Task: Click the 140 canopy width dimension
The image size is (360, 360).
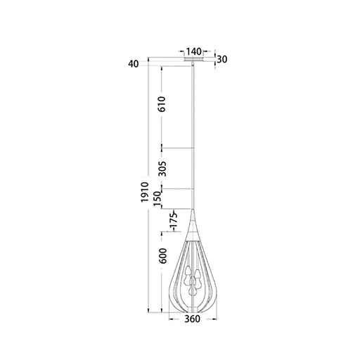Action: (193, 51)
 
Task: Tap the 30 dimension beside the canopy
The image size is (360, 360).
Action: (221, 60)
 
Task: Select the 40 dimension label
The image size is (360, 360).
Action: (134, 64)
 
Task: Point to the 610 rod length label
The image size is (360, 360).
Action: (162, 104)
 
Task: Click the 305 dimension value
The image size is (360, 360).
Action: (162, 169)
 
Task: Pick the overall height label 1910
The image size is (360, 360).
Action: (145, 192)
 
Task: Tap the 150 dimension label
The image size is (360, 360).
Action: (157, 199)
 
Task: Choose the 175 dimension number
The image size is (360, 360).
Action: (174, 221)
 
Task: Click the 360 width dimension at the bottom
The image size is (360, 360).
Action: (192, 319)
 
